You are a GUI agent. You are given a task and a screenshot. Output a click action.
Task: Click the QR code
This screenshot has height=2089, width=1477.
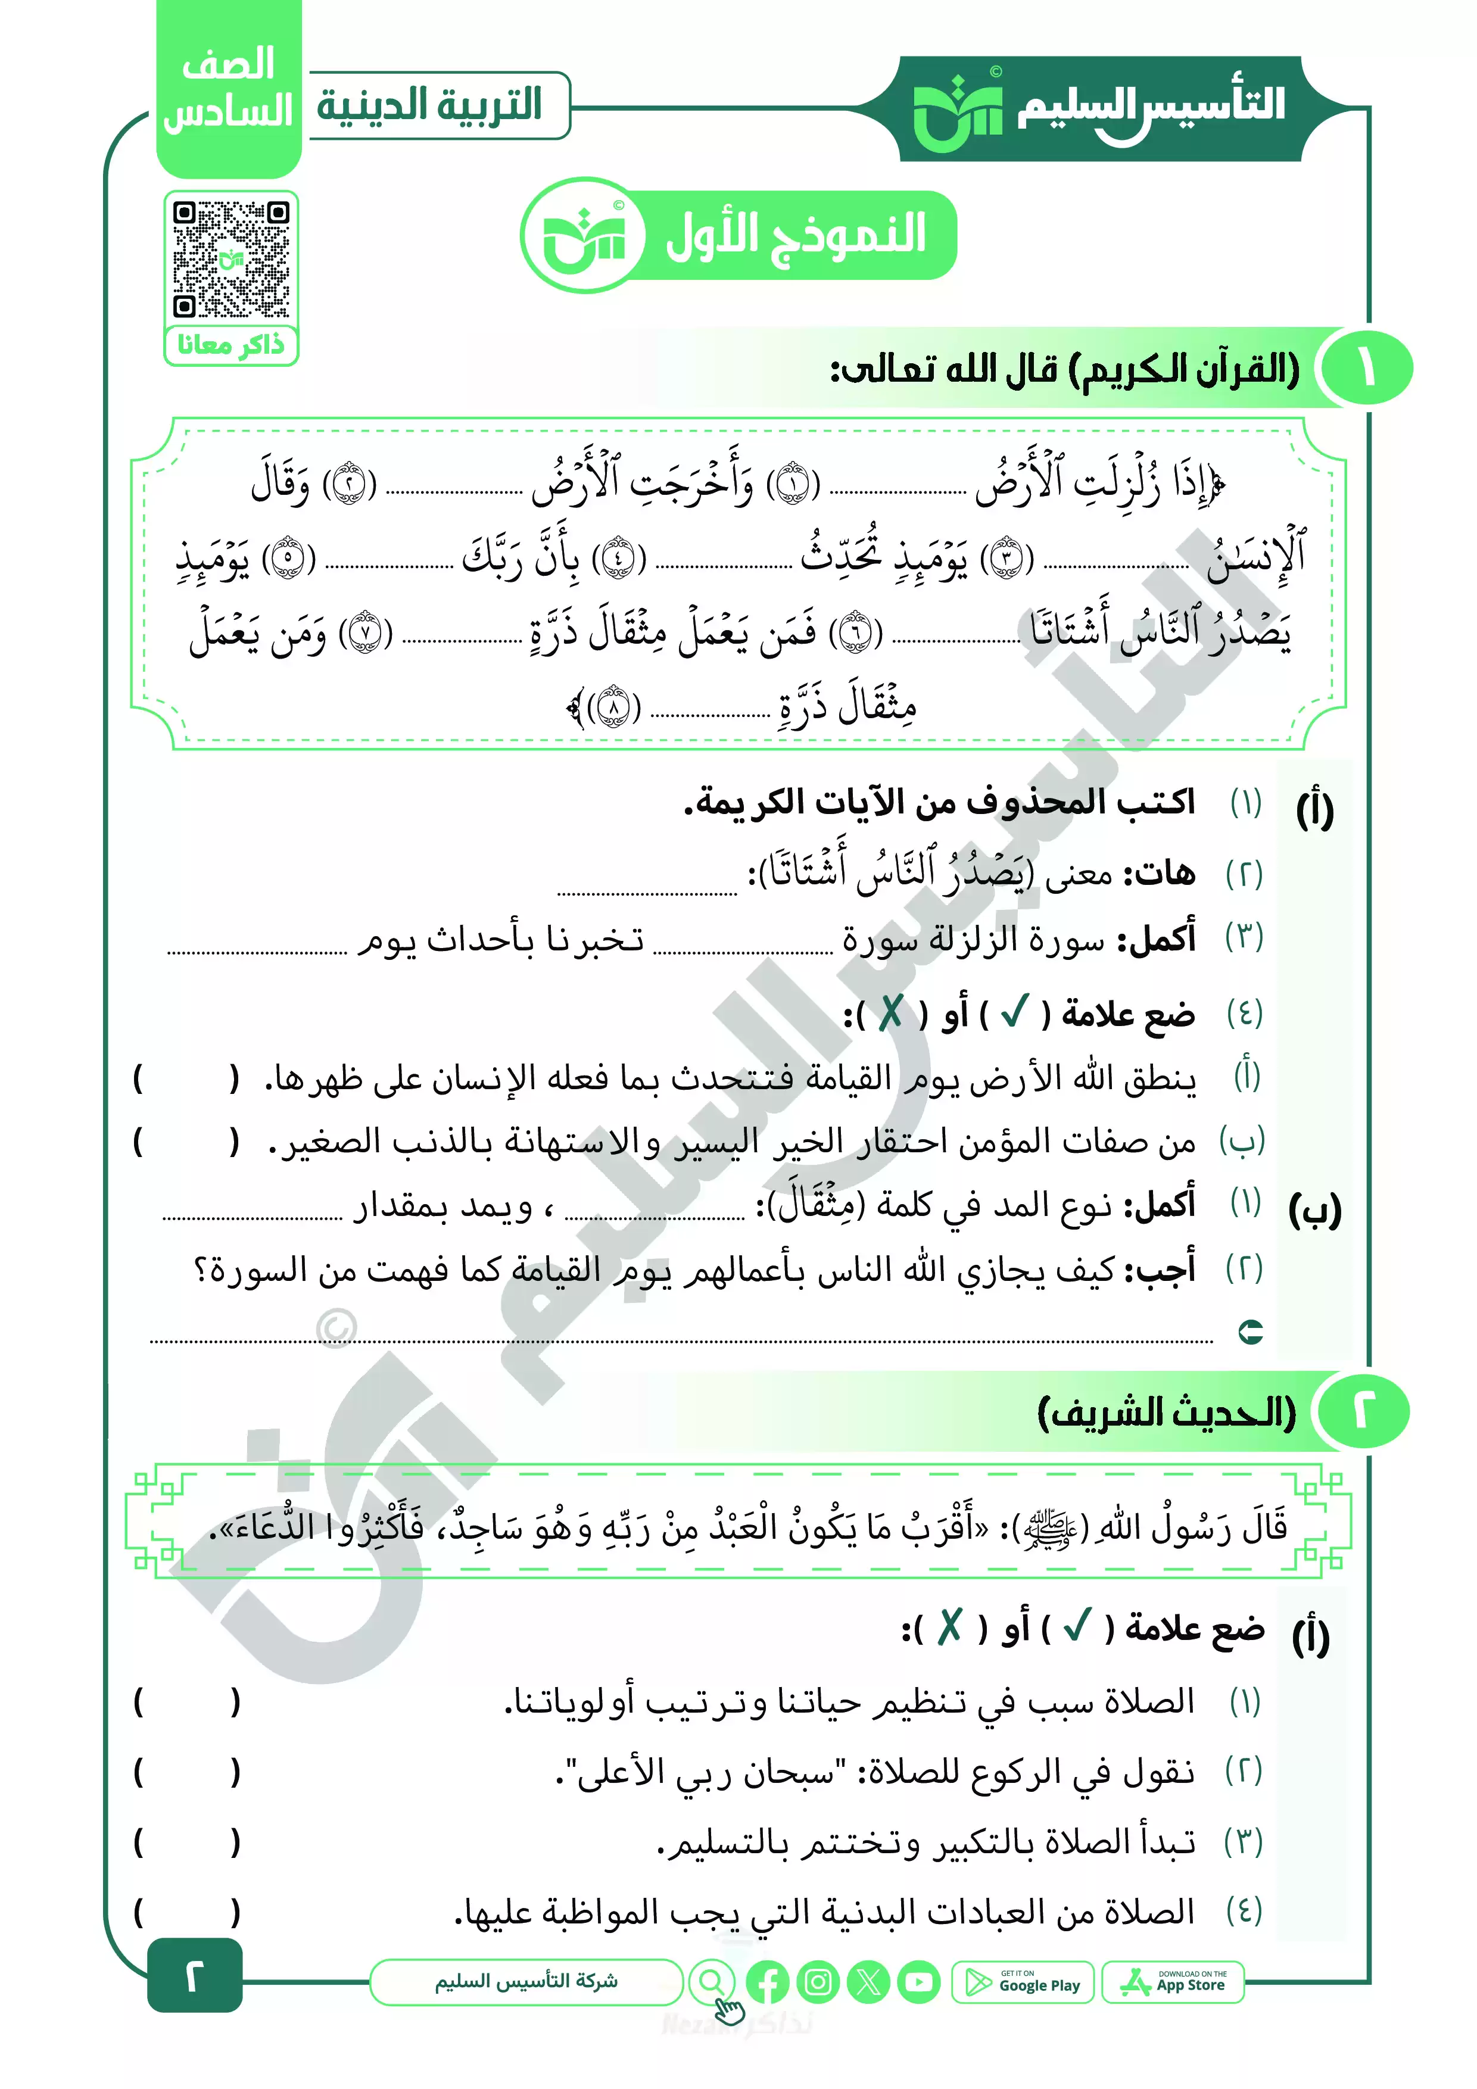[x=231, y=258]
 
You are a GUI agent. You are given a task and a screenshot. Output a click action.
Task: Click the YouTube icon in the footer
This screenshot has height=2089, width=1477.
[x=919, y=1982]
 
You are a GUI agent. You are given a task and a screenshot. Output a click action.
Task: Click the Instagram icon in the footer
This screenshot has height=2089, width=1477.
[x=818, y=1982]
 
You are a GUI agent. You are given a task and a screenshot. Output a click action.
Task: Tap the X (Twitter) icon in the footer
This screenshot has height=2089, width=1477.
[x=868, y=1982]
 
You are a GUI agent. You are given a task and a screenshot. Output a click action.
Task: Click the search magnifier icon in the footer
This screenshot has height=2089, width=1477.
[x=712, y=1980]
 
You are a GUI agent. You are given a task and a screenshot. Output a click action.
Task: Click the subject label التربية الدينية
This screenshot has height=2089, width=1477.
[x=429, y=105]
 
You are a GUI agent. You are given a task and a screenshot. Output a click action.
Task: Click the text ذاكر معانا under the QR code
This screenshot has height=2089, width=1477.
[x=231, y=345]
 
